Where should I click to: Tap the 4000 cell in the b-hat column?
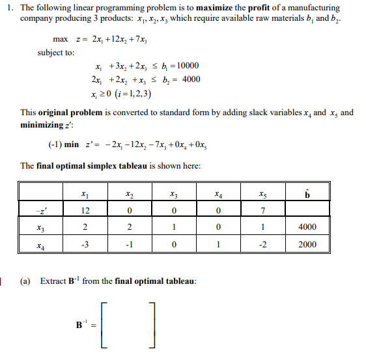307,228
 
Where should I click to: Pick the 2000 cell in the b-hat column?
307,245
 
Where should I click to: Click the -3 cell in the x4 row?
85,245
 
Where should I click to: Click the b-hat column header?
307,193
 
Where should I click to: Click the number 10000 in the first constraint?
186,66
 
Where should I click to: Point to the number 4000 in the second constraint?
188,79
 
